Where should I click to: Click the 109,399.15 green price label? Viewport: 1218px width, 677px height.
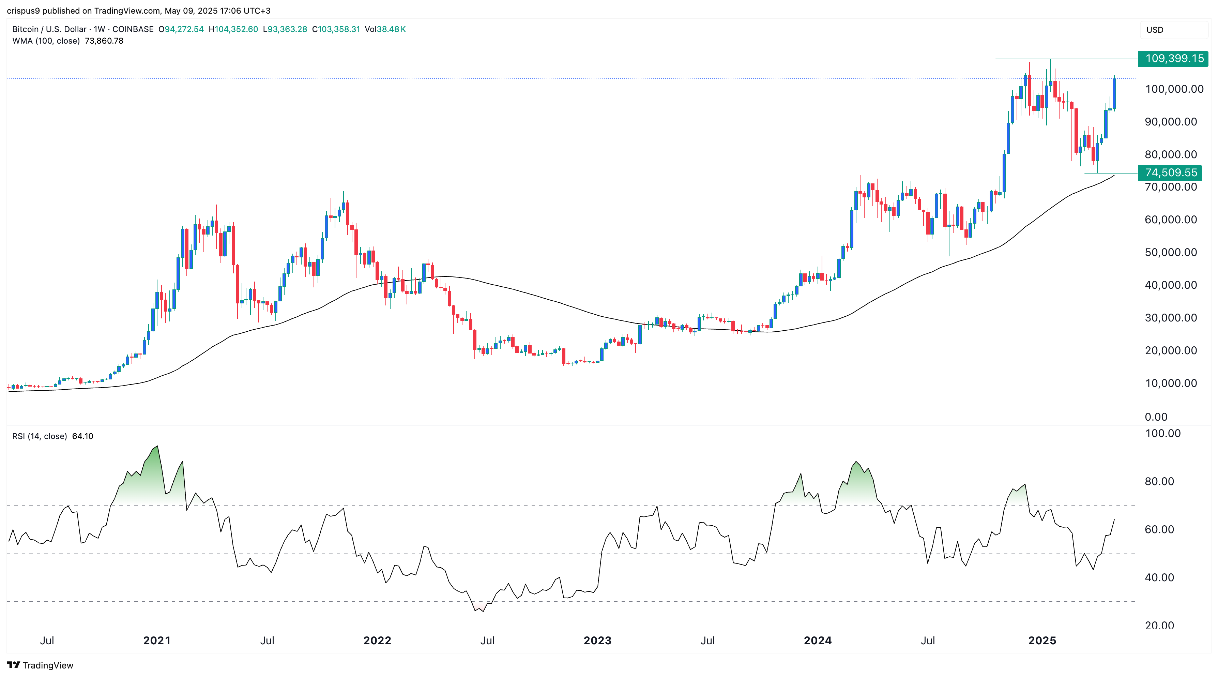[x=1173, y=59]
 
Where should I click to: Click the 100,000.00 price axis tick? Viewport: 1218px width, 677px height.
[x=1174, y=89]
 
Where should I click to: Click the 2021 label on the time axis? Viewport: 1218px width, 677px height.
[x=156, y=641]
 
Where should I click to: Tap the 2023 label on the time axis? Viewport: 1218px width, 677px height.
[x=597, y=641]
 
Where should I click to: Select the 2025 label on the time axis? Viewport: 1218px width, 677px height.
[x=1042, y=641]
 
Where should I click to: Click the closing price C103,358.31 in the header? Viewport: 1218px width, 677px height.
[x=336, y=29]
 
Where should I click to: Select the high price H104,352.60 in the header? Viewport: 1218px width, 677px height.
[x=233, y=29]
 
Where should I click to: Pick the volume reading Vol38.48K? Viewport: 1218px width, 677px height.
[x=385, y=29]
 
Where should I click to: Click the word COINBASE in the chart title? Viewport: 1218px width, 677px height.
[x=133, y=29]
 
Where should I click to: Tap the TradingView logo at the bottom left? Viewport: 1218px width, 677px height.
[x=40, y=665]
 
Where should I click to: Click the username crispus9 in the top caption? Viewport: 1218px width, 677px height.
[x=23, y=11]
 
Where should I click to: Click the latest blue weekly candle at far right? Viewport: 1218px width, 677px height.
[x=1114, y=94]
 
